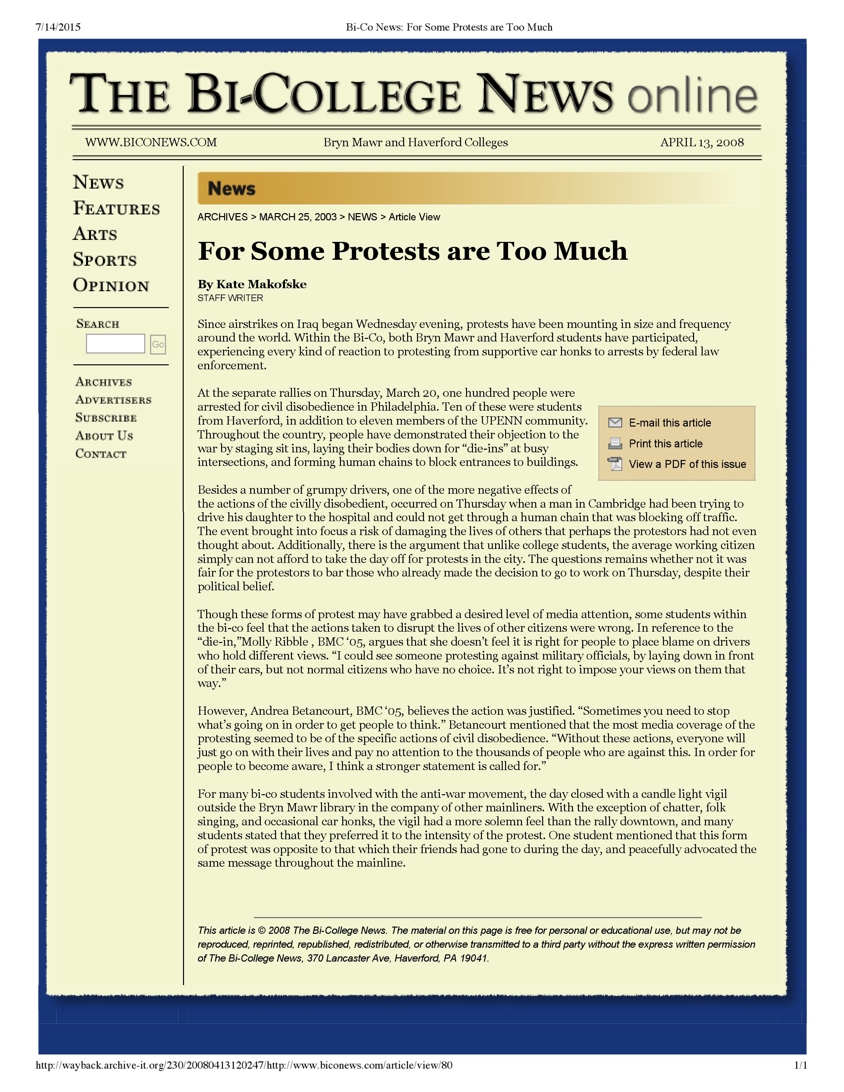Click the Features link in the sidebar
(117, 208)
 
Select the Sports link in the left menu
(105, 260)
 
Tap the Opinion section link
(111, 286)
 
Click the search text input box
(116, 344)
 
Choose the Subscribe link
(106, 418)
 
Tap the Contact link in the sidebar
(101, 454)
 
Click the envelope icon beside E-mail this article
(615, 423)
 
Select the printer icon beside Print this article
(615, 443)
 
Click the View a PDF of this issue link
(687, 465)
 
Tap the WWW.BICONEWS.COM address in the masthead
(151, 143)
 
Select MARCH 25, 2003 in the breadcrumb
(298, 217)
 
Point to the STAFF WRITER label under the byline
(230, 298)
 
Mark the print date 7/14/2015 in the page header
(58, 27)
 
